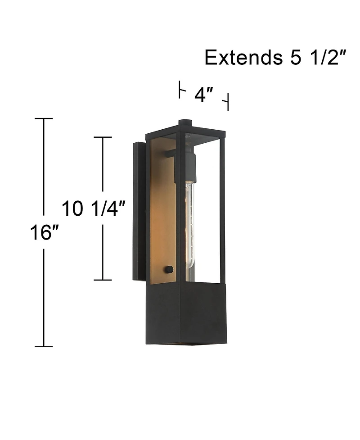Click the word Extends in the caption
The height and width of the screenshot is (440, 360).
coord(243,58)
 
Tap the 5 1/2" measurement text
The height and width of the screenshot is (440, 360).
coord(317,58)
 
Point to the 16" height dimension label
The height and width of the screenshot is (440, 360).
coord(45,232)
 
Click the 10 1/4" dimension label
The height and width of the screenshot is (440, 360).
coord(93,209)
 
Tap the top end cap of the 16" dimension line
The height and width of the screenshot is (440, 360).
coord(44,119)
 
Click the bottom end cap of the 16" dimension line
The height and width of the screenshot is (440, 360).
coord(44,347)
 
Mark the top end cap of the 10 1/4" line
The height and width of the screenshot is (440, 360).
coord(103,137)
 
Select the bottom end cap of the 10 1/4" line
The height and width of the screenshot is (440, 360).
coord(103,280)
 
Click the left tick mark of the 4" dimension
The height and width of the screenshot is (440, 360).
coord(180,90)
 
